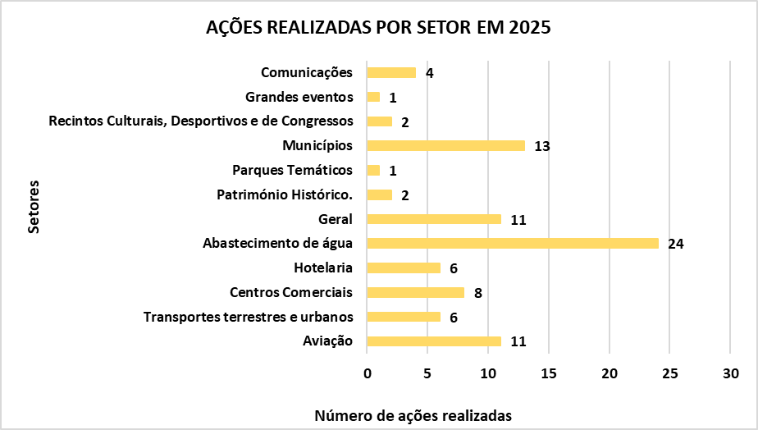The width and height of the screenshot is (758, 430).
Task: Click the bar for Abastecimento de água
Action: pyautogui.click(x=513, y=244)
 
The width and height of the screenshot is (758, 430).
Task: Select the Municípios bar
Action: pyautogui.click(x=445, y=146)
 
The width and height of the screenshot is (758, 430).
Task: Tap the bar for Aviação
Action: pyautogui.click(x=434, y=341)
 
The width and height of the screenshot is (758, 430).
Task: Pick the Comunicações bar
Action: pyautogui.click(x=391, y=72)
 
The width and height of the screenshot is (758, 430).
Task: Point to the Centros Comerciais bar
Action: pyautogui.click(x=416, y=292)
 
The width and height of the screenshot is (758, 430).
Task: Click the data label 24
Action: pyautogui.click(x=676, y=245)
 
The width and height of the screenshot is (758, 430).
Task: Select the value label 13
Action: pyautogui.click(x=541, y=147)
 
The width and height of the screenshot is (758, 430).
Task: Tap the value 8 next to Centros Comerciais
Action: pyautogui.click(x=477, y=293)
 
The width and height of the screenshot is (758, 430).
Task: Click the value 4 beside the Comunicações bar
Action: pyautogui.click(x=429, y=73)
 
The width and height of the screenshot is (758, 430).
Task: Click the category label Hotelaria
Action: pyautogui.click(x=323, y=268)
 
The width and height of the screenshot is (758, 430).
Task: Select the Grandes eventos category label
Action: pyautogui.click(x=299, y=97)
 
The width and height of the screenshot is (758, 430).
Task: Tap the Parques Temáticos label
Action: pyautogui.click(x=293, y=170)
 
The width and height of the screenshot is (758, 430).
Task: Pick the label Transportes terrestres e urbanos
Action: pyautogui.click(x=248, y=317)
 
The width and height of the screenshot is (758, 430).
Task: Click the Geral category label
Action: pyautogui.click(x=336, y=219)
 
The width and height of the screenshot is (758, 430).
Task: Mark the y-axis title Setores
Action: pyautogui.click(x=34, y=208)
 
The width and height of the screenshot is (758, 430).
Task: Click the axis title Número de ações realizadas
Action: pyautogui.click(x=413, y=415)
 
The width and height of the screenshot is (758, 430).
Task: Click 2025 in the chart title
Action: pyautogui.click(x=530, y=27)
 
